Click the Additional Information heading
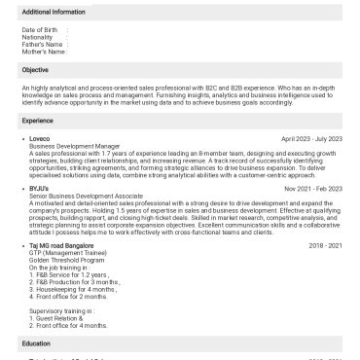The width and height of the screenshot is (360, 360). (x=52, y=11)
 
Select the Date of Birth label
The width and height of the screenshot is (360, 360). (x=40, y=31)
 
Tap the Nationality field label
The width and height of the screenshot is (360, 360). (x=38, y=38)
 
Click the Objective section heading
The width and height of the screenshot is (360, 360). (x=35, y=70)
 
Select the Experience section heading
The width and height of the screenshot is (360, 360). (x=38, y=120)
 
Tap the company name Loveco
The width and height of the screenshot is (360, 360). (x=40, y=139)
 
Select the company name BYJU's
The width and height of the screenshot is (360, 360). (x=40, y=187)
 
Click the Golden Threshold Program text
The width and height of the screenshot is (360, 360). (x=67, y=261)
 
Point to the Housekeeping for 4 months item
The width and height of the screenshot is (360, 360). (x=79, y=288)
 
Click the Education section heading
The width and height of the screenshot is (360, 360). (x=36, y=343)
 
